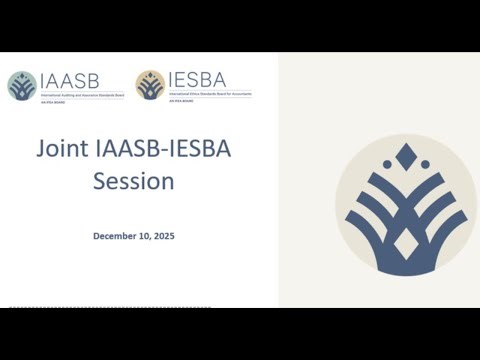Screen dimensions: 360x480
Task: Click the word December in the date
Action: [120, 236]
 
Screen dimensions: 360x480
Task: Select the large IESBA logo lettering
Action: [197, 80]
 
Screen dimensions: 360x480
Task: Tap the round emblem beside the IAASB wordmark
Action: [21, 85]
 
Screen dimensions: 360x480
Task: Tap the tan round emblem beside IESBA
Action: [150, 85]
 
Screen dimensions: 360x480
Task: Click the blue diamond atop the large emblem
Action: [405, 156]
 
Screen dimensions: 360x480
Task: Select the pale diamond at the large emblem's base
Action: [405, 243]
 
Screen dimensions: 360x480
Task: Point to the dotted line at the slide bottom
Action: [140, 306]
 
